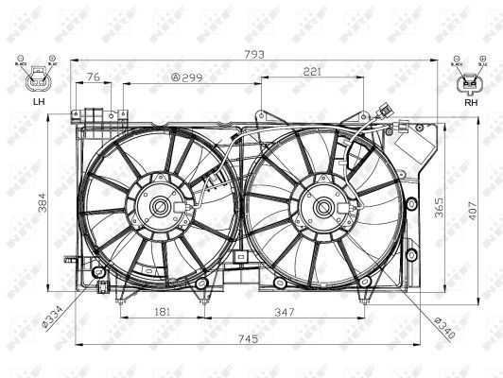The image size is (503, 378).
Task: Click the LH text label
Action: [38, 101]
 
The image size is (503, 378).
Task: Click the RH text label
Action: [470, 102]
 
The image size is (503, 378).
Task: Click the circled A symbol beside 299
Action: [176, 77]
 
